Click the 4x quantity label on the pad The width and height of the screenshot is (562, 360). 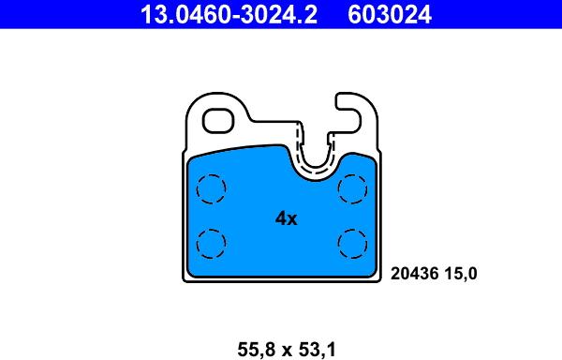pyautogui.click(x=286, y=219)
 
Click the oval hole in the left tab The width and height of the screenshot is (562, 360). pyautogui.click(x=220, y=121)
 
